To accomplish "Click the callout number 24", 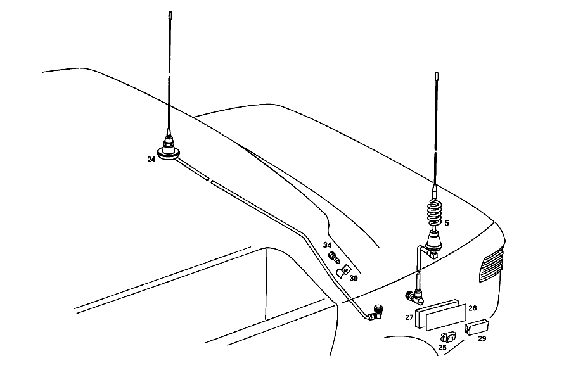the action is pyautogui.click(x=151, y=159).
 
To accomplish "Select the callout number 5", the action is pyautogui.click(x=447, y=223).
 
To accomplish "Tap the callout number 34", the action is pyautogui.click(x=327, y=245).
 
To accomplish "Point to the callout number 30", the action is pyautogui.click(x=354, y=278).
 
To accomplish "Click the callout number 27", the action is pyautogui.click(x=409, y=317).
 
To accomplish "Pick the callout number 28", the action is pyautogui.click(x=473, y=308).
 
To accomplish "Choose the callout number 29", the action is pyautogui.click(x=482, y=338).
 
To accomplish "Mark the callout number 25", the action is pyautogui.click(x=442, y=347).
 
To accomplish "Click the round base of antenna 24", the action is pyautogui.click(x=168, y=153).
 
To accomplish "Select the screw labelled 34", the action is pyautogui.click(x=334, y=257).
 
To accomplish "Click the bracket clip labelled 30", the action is pyautogui.click(x=343, y=270).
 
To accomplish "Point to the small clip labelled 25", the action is pyautogui.click(x=448, y=337).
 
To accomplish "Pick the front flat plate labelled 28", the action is pyautogui.click(x=446, y=318).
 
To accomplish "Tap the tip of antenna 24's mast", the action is pyautogui.click(x=170, y=12).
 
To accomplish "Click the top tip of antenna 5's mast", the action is pyautogui.click(x=437, y=73).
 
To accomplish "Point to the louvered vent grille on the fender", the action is pyautogui.click(x=491, y=264).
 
